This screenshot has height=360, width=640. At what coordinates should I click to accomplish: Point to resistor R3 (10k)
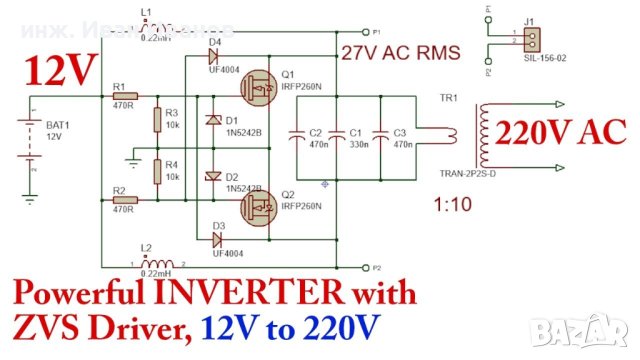coord(157,121)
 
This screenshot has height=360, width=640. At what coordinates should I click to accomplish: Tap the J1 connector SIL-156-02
coord(531,38)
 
